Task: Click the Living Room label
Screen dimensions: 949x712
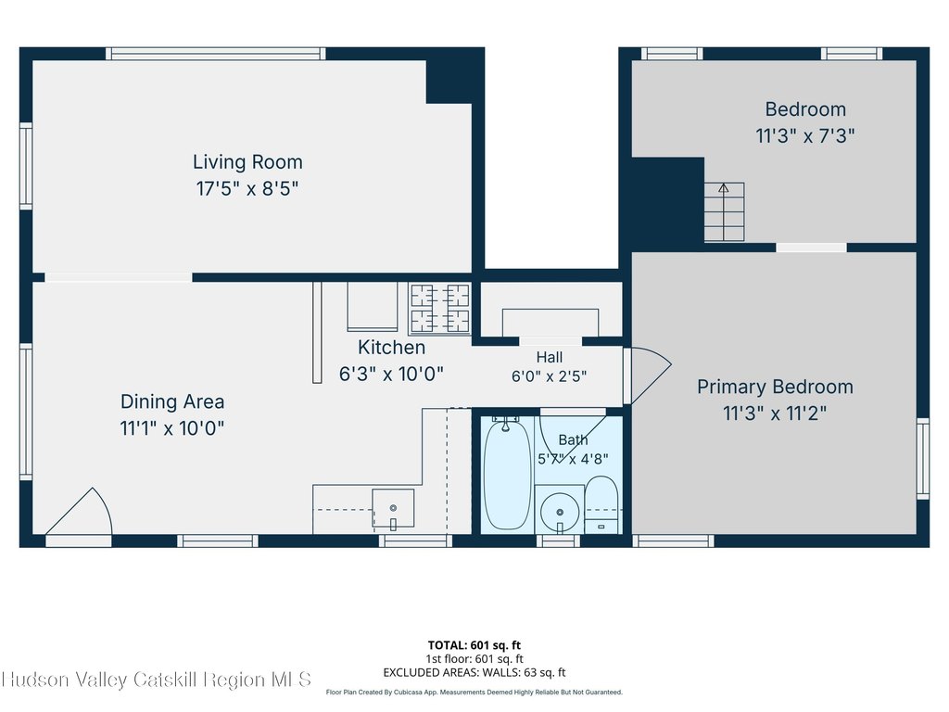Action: (x=247, y=161)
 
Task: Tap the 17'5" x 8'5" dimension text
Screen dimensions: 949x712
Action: (x=247, y=188)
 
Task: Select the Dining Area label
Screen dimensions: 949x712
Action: (x=172, y=401)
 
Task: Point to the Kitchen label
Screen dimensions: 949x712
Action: (x=392, y=347)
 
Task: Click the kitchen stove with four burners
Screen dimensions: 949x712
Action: (x=440, y=309)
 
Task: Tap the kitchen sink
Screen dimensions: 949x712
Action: (x=393, y=508)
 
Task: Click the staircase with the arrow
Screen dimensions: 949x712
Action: (x=724, y=212)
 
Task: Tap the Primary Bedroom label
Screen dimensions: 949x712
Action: (x=776, y=387)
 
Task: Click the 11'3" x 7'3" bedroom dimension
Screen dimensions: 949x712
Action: (x=805, y=135)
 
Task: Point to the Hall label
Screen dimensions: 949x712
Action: (x=550, y=357)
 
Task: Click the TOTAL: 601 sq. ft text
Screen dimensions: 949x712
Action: (x=474, y=645)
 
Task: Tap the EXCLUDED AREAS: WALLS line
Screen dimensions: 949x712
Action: (x=474, y=672)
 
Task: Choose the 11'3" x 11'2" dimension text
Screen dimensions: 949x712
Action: (x=776, y=413)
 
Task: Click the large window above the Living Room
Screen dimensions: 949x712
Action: (x=215, y=54)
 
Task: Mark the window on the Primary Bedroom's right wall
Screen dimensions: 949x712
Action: (x=923, y=458)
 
